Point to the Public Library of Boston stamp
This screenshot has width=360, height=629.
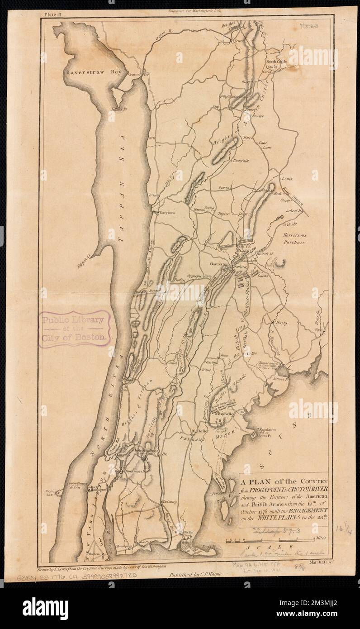click(x=74, y=328)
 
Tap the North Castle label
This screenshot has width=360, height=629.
click(x=276, y=61)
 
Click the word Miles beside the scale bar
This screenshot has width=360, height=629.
click(x=322, y=539)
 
